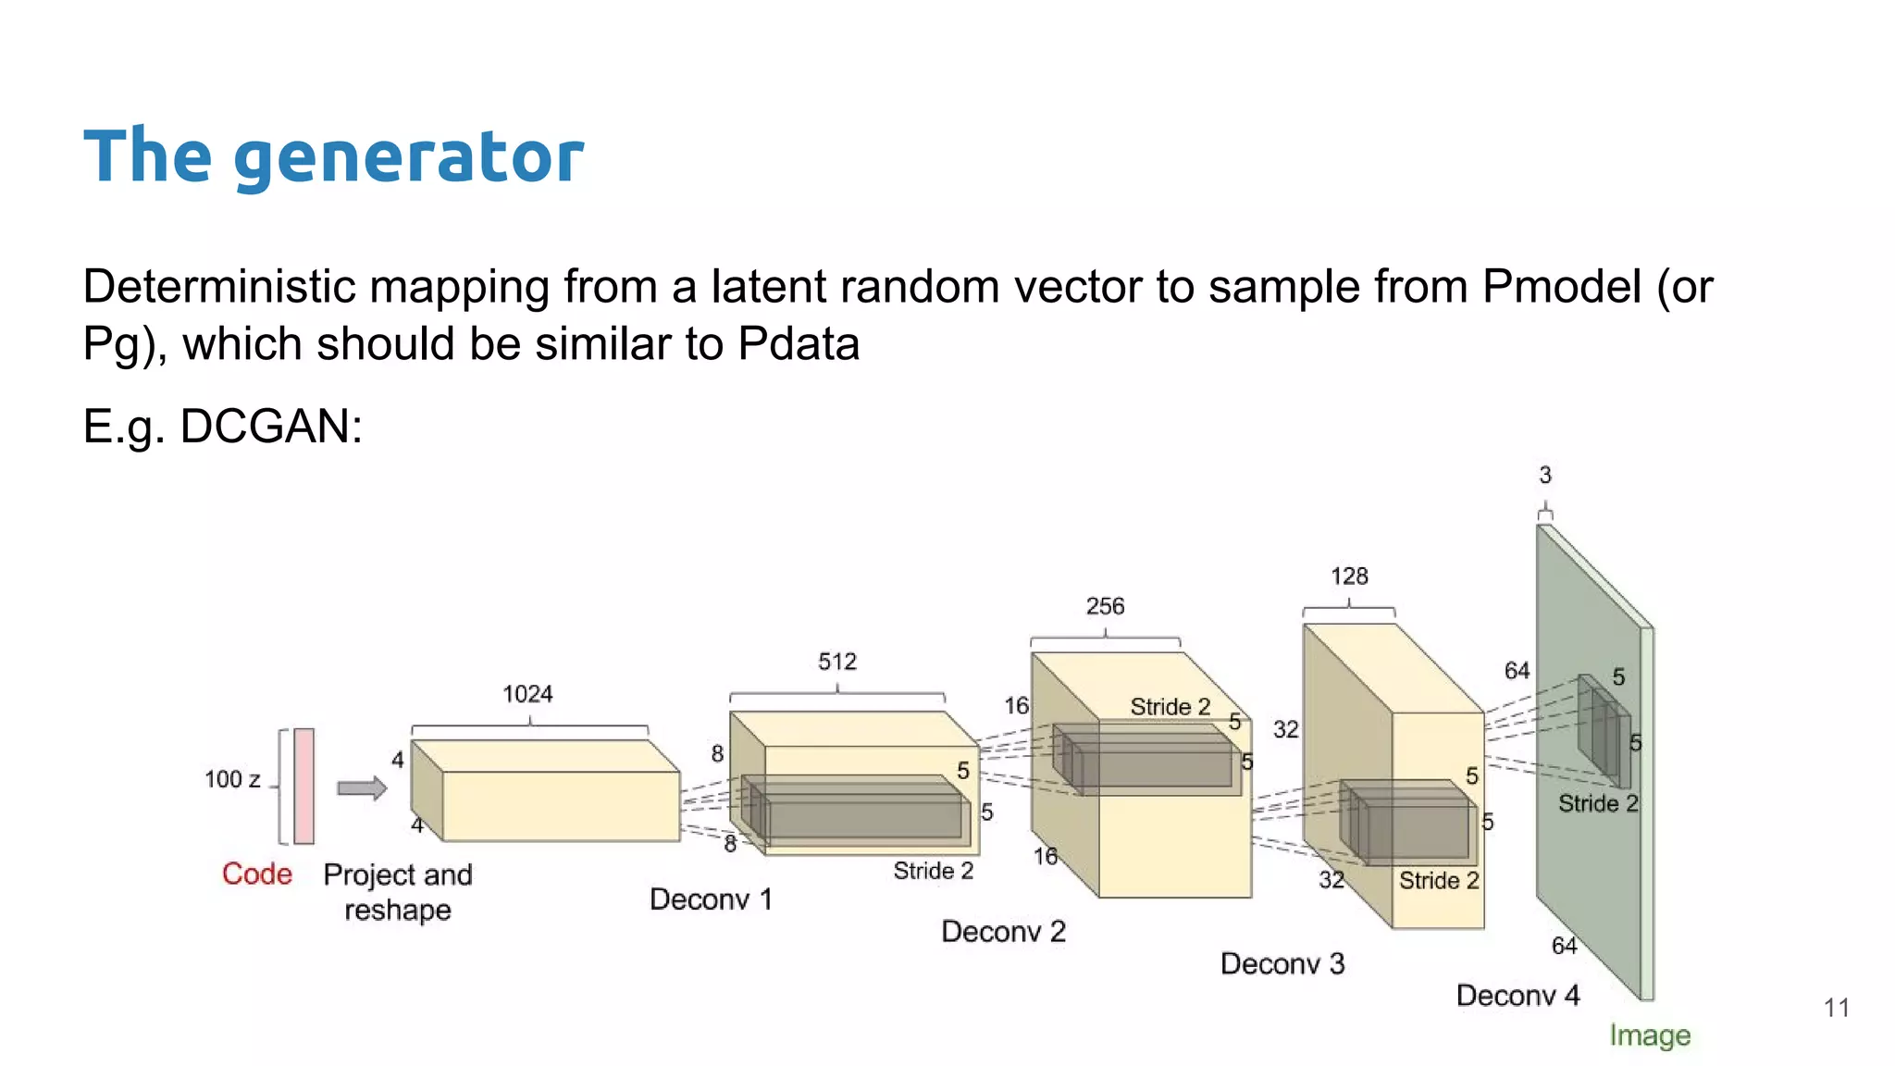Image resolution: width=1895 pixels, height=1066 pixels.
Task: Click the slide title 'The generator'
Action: tap(333, 155)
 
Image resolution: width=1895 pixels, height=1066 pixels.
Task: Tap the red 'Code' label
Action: tap(256, 874)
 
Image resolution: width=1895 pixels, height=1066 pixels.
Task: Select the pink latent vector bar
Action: tap(303, 786)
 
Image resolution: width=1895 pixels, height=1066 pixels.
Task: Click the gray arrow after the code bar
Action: tap(361, 788)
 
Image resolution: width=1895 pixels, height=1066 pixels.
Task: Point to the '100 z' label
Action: tap(232, 779)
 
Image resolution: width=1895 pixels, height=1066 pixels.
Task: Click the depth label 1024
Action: tap(527, 694)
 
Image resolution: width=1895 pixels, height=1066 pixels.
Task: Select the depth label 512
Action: tap(837, 662)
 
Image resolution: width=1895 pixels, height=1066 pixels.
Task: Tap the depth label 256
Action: tap(1105, 606)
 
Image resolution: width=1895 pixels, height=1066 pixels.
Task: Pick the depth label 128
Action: tap(1349, 576)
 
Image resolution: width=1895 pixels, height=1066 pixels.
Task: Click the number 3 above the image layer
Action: tap(1545, 475)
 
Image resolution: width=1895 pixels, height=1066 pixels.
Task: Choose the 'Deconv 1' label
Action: tap(711, 899)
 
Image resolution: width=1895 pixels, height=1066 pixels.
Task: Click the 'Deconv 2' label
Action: tap(1003, 931)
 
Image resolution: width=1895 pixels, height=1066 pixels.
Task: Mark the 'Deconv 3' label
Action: tap(1282, 963)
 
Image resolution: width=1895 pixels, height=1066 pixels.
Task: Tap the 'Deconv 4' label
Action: tap(1517, 996)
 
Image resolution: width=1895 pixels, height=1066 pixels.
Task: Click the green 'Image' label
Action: tap(1650, 1035)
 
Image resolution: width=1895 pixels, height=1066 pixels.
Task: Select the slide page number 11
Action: tap(1837, 1008)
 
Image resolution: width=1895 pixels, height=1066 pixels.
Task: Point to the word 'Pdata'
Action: tap(799, 344)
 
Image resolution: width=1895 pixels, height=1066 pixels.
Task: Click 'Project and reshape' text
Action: tap(398, 892)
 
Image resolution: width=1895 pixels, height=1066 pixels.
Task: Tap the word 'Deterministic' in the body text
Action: tap(219, 286)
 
